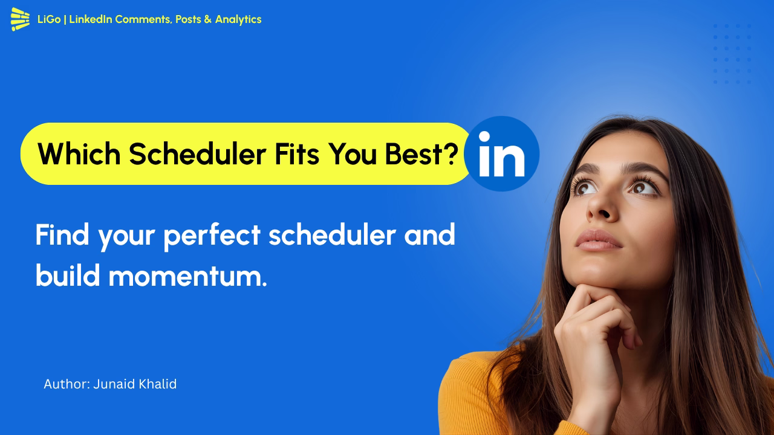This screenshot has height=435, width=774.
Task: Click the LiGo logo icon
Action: [x=20, y=19]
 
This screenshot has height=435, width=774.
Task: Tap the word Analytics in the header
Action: [x=238, y=19]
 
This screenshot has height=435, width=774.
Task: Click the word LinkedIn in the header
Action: [x=91, y=19]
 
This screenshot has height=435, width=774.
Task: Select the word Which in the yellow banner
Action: [x=79, y=155]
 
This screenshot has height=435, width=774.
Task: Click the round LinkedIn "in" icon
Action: [x=501, y=154]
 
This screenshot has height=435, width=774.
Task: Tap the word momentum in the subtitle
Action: [x=187, y=276]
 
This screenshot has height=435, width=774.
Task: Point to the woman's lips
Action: [x=598, y=240]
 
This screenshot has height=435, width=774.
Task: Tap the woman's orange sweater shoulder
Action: [x=469, y=387]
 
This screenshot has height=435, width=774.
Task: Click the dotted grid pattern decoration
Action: [x=732, y=53]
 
